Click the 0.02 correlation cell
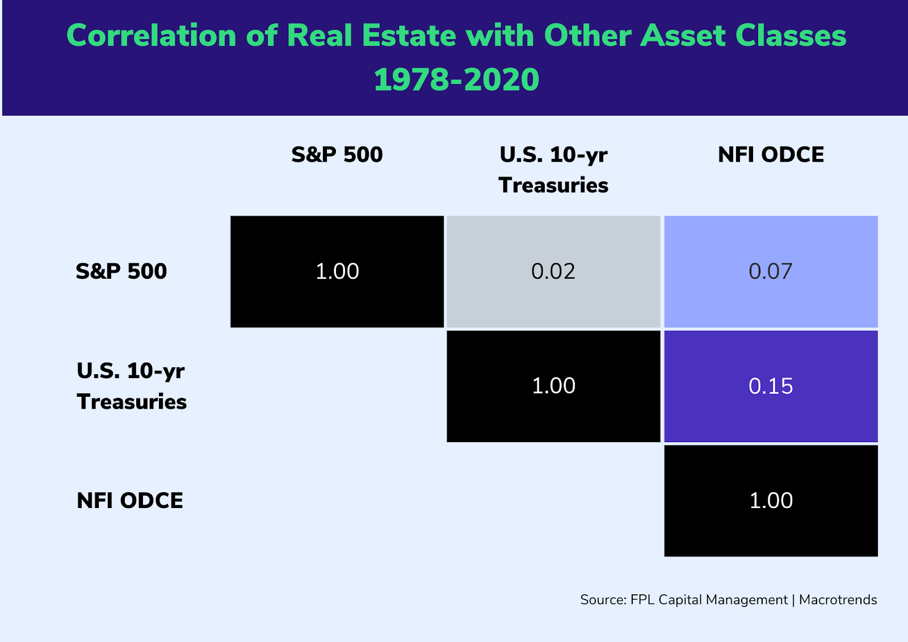553,271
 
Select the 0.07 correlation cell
771,271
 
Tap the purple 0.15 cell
771,386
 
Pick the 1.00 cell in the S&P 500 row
337,271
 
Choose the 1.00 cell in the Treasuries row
553,386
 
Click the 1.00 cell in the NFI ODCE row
771,501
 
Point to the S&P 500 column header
337,154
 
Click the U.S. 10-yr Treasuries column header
553,169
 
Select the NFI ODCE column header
771,154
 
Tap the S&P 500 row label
121,271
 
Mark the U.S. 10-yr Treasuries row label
132,386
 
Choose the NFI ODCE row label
130,501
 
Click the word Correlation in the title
151,36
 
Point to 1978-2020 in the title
456,79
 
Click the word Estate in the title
409,36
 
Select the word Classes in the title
791,36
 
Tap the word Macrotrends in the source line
838,600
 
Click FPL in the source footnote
642,600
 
